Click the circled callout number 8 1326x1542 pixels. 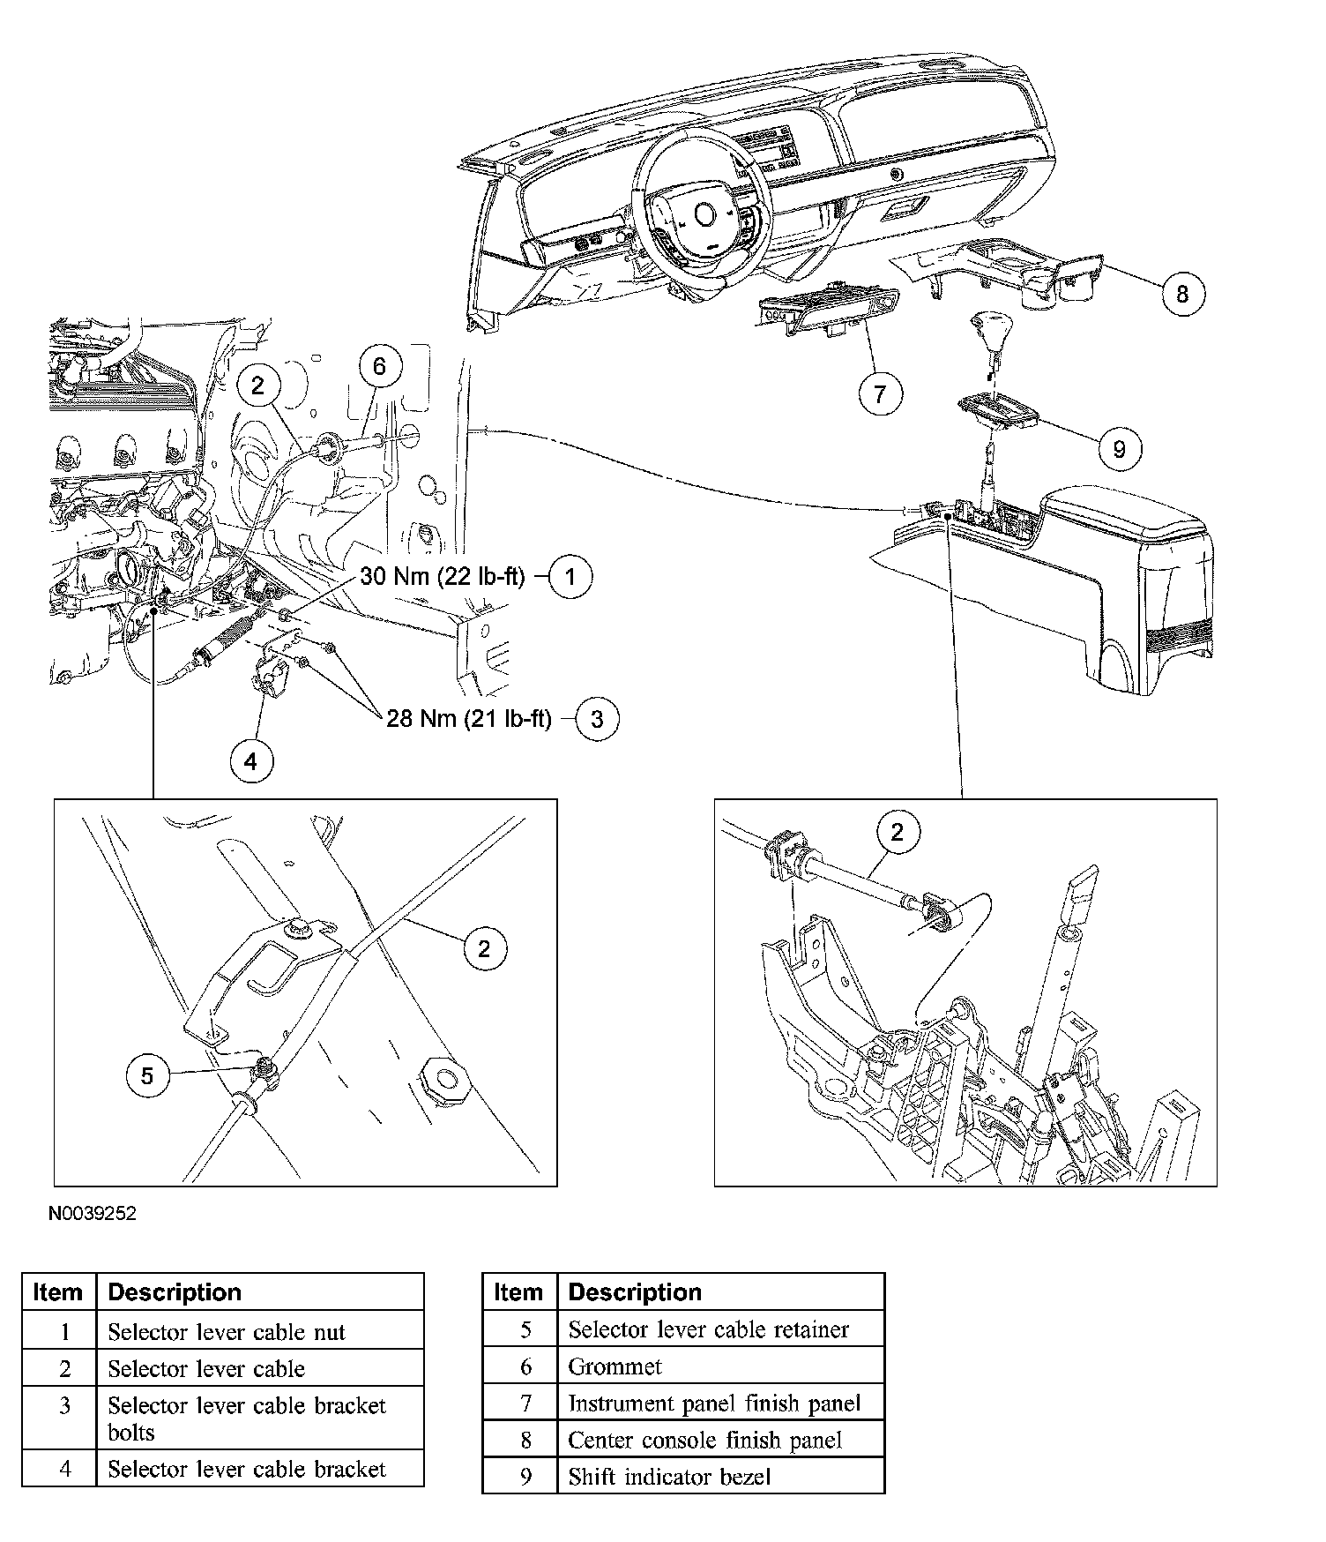(1181, 293)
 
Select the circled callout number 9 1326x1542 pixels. (1119, 449)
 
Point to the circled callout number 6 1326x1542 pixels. (379, 366)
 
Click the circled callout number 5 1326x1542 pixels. (147, 1075)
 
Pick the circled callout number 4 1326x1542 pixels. (250, 760)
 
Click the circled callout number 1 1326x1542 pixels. (570, 577)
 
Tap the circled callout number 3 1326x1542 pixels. (597, 719)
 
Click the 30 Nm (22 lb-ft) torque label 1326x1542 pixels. (442, 577)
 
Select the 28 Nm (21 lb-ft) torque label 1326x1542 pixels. (468, 719)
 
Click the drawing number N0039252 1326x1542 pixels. (93, 1214)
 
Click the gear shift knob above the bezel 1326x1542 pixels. (987, 330)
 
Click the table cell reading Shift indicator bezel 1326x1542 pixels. (669, 1476)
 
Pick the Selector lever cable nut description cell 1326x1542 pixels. (227, 1331)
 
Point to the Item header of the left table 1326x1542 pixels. (57, 1292)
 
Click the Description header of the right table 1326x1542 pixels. (635, 1292)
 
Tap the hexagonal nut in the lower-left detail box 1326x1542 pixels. (444, 1078)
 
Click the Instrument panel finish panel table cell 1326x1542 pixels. (714, 1403)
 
